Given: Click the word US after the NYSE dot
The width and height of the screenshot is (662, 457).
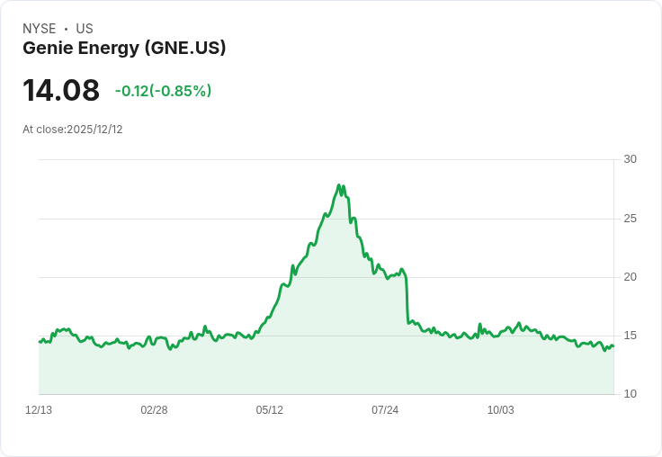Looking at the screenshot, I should coord(85,29).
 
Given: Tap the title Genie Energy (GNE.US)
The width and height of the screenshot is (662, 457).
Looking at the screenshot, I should coord(124,49).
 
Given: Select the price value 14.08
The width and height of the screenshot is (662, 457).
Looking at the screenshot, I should coord(61,91).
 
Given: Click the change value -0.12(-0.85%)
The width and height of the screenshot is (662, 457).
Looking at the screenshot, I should coord(163,91).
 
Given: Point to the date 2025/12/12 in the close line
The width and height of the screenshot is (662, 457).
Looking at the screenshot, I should coord(94,130).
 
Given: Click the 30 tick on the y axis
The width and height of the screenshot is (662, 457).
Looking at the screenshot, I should coord(630,159).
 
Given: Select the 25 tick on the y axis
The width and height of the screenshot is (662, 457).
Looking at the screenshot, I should coord(630,219).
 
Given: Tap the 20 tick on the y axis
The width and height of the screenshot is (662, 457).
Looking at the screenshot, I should coord(630,277).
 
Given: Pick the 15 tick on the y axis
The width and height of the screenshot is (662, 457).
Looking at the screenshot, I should coord(630,336).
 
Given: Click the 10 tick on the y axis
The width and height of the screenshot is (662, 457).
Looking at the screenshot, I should coord(630,394).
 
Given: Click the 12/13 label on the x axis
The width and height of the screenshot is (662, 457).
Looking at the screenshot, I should coord(39,410).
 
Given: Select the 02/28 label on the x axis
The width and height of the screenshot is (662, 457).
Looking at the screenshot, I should coord(154,410).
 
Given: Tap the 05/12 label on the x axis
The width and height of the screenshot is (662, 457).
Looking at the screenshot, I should coord(269,410).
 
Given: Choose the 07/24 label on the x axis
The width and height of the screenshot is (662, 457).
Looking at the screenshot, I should coord(385,410).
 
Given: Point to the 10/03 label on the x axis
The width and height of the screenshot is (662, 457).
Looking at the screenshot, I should coord(500,410).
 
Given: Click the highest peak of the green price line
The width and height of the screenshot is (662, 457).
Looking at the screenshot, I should coord(339,185).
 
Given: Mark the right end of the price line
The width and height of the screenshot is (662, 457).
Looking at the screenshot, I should coord(613,345).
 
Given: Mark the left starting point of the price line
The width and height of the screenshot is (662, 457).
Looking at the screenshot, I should coord(40,342).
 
